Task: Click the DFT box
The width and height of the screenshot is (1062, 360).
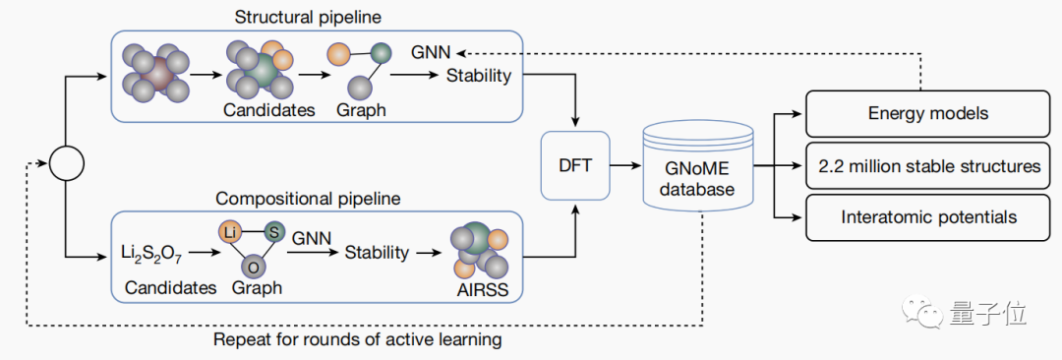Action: pos(575,164)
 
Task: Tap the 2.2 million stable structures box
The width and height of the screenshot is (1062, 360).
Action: pos(928,165)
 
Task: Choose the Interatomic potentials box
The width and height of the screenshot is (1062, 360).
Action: pos(928,217)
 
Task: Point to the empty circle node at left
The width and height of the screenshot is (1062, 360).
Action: pos(67,163)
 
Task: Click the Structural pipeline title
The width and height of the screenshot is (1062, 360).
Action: pos(308,17)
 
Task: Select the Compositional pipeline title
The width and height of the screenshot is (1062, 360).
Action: pos(308,199)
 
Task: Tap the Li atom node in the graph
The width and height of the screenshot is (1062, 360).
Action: pos(230,232)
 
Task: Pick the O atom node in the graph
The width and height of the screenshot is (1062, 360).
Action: pos(253,268)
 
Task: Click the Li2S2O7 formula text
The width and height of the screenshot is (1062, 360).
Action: pos(151,255)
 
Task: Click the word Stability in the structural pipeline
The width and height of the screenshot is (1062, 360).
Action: pos(479,76)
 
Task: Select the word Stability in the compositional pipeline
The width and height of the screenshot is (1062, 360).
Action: pos(378,253)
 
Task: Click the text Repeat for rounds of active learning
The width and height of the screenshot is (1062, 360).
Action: pos(358,339)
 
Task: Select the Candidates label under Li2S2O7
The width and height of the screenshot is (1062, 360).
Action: pos(170,287)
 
